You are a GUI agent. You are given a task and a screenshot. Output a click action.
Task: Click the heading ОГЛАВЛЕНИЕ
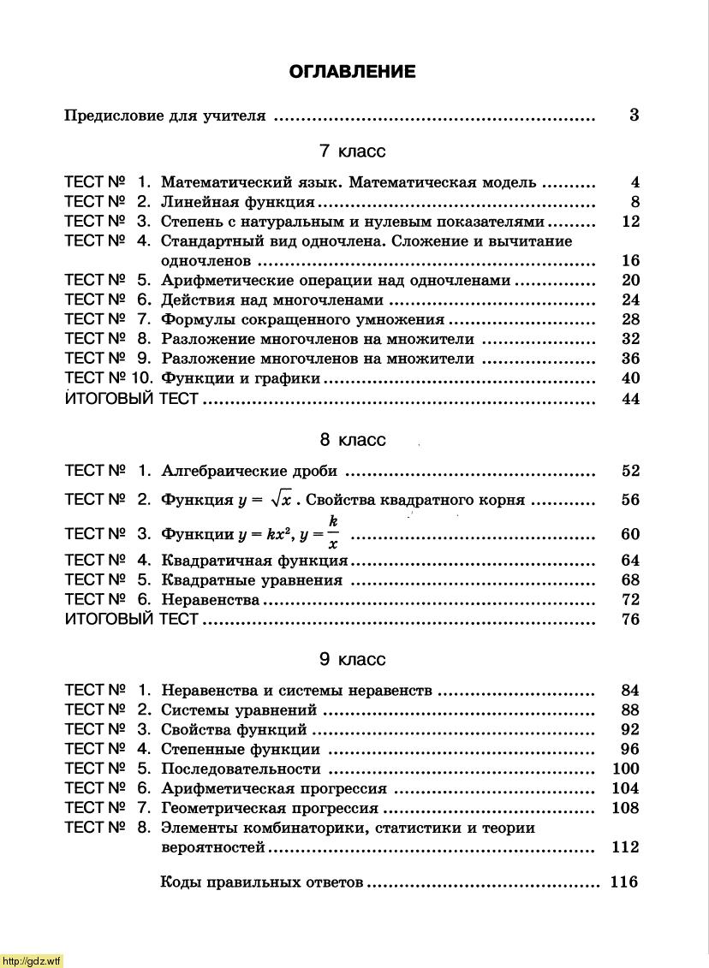[x=352, y=72]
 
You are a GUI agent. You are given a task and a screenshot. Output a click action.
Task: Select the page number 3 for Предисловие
[x=634, y=116]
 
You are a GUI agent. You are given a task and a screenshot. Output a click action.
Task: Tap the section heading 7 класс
[x=352, y=151]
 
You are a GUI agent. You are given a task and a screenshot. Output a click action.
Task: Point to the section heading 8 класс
[x=352, y=440]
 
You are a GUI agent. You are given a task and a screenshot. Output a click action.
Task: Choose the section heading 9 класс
[x=352, y=660]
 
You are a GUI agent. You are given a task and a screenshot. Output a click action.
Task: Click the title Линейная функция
[x=237, y=203]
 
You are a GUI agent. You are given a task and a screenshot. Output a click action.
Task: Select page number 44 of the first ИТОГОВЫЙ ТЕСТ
[x=630, y=399]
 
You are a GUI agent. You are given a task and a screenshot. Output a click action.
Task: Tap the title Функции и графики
[x=241, y=378]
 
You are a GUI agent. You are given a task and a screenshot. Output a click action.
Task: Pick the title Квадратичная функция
[x=254, y=561]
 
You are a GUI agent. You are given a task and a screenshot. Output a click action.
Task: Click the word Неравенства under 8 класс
[x=210, y=600]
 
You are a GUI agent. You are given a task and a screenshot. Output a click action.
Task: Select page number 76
[x=630, y=620]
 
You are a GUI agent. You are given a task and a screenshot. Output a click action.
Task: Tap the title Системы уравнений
[x=239, y=710]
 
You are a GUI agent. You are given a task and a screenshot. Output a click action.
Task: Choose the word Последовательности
[x=241, y=769]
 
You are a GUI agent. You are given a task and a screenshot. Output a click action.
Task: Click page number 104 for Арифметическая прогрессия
[x=626, y=788]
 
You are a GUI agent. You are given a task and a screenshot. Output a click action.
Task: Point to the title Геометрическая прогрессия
[x=270, y=808]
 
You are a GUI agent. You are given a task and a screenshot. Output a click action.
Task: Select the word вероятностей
[x=213, y=847]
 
